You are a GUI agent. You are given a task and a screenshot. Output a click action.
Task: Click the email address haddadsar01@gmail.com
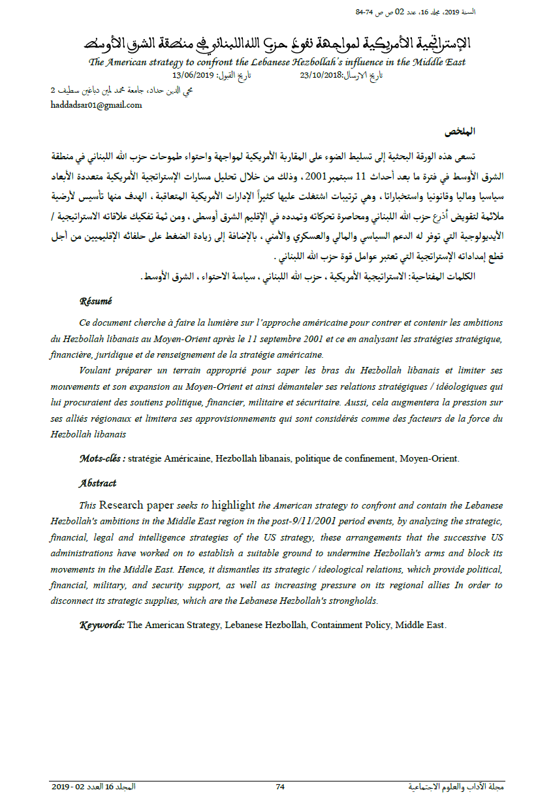tap(96, 105)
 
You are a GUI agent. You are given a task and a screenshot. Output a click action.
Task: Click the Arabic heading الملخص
tap(460, 132)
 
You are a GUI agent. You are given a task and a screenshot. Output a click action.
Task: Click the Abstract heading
tap(97, 483)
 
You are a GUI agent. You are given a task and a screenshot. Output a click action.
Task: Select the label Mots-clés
tap(102, 458)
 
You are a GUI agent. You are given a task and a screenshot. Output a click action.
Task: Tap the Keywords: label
tap(102, 625)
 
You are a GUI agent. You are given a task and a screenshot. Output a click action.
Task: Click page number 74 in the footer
tap(280, 787)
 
